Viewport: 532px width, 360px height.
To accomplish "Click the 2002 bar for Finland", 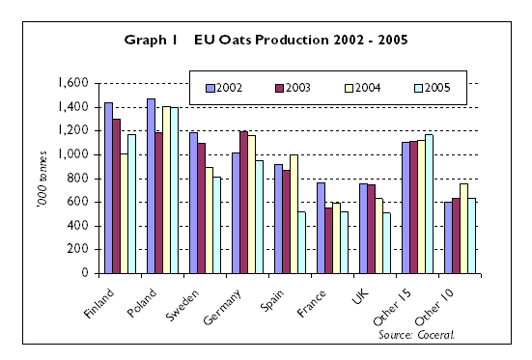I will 109,187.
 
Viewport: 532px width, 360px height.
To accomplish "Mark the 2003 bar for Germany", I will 243,202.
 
